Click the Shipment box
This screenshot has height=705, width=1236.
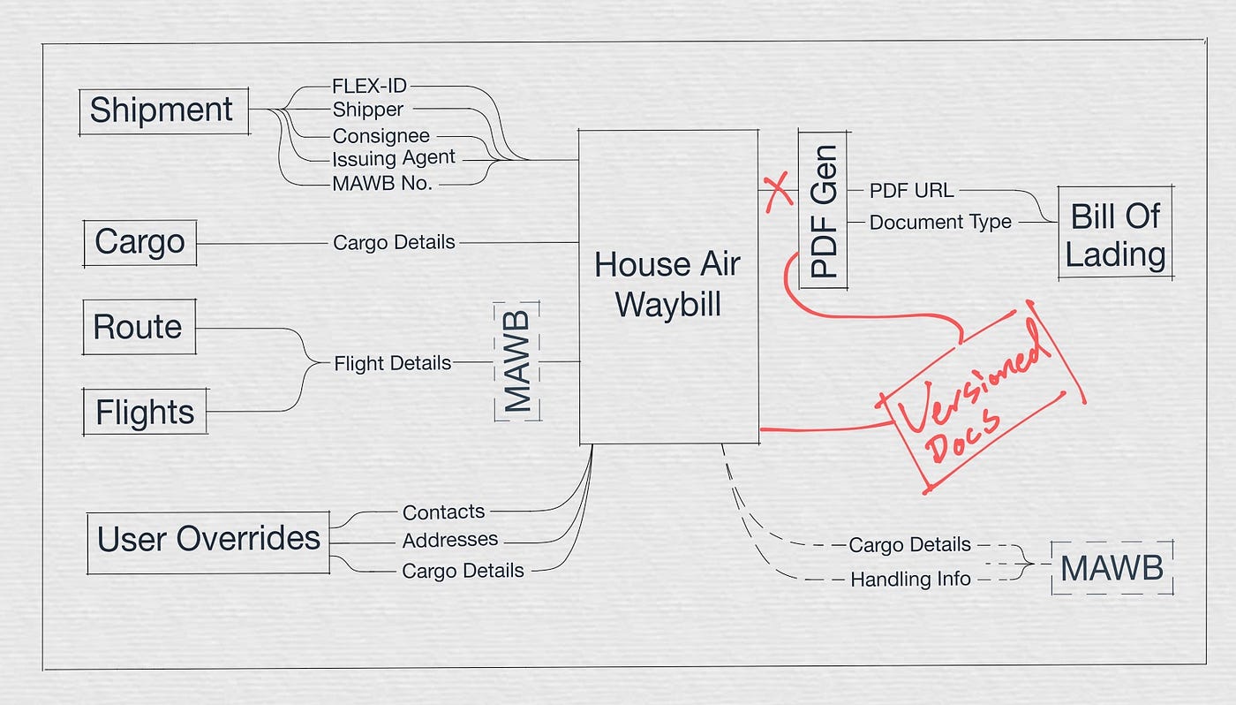(x=162, y=110)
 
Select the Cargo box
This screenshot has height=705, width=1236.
(x=139, y=242)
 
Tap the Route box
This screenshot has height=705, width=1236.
(x=138, y=327)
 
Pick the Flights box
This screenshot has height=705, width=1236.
(x=145, y=412)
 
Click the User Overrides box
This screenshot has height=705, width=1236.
(x=208, y=538)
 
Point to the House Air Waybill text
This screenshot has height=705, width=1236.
(x=668, y=284)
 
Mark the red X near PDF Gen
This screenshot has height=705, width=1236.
(x=778, y=192)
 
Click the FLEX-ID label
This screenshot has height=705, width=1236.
(x=369, y=87)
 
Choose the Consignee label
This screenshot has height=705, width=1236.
(x=381, y=136)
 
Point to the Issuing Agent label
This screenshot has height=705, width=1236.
(x=394, y=159)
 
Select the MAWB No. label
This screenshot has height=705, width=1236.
(x=381, y=184)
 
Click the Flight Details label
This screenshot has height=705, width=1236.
(x=392, y=363)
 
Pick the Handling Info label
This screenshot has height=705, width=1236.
(x=910, y=580)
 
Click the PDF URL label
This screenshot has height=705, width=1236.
(x=911, y=191)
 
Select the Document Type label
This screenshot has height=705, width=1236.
(x=940, y=222)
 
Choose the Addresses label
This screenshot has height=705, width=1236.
(x=449, y=539)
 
